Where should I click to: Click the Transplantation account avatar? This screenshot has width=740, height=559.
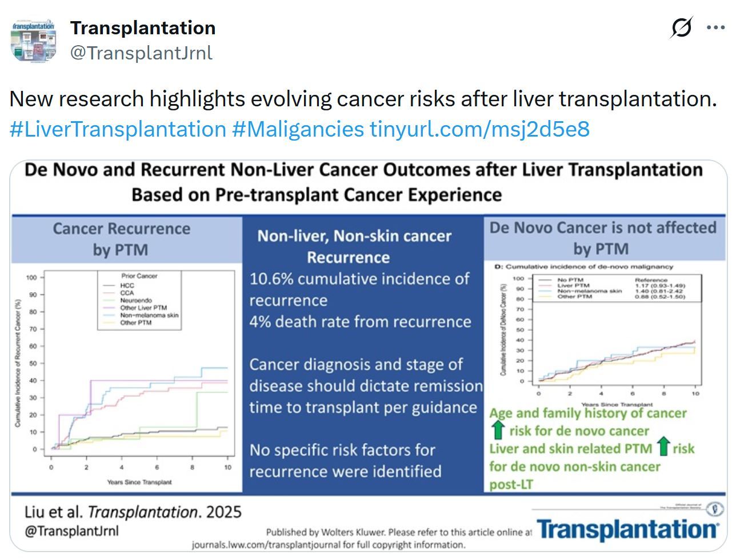pyautogui.click(x=34, y=41)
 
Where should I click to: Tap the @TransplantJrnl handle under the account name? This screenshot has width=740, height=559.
pyautogui.click(x=141, y=53)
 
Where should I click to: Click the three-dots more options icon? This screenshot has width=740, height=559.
pyautogui.click(x=715, y=27)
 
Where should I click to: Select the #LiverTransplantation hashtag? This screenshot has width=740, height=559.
pyautogui.click(x=118, y=129)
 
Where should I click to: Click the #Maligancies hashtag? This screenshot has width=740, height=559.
pyautogui.click(x=298, y=129)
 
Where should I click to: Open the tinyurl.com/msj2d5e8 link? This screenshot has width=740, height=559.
pyautogui.click(x=479, y=129)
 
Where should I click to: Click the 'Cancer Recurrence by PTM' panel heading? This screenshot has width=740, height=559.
pyautogui.click(x=121, y=239)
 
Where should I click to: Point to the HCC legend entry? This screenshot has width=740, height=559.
pyautogui.click(x=127, y=285)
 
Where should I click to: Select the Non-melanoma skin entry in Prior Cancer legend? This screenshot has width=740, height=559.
pyautogui.click(x=149, y=315)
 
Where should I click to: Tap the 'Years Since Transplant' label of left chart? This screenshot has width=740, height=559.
pyautogui.click(x=139, y=482)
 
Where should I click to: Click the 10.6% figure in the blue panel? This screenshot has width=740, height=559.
pyautogui.click(x=270, y=279)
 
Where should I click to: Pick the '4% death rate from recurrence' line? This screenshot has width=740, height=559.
pyautogui.click(x=360, y=322)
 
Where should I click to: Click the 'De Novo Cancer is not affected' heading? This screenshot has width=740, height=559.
pyautogui.click(x=602, y=227)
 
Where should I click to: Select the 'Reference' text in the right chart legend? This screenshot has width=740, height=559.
pyautogui.click(x=651, y=281)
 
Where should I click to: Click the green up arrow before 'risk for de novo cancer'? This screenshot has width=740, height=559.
pyautogui.click(x=498, y=430)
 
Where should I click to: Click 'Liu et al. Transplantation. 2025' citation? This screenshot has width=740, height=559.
pyautogui.click(x=133, y=511)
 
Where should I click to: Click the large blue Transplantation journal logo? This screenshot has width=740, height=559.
pyautogui.click(x=627, y=529)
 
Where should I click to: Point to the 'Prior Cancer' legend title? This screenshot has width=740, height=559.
pyautogui.click(x=139, y=276)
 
